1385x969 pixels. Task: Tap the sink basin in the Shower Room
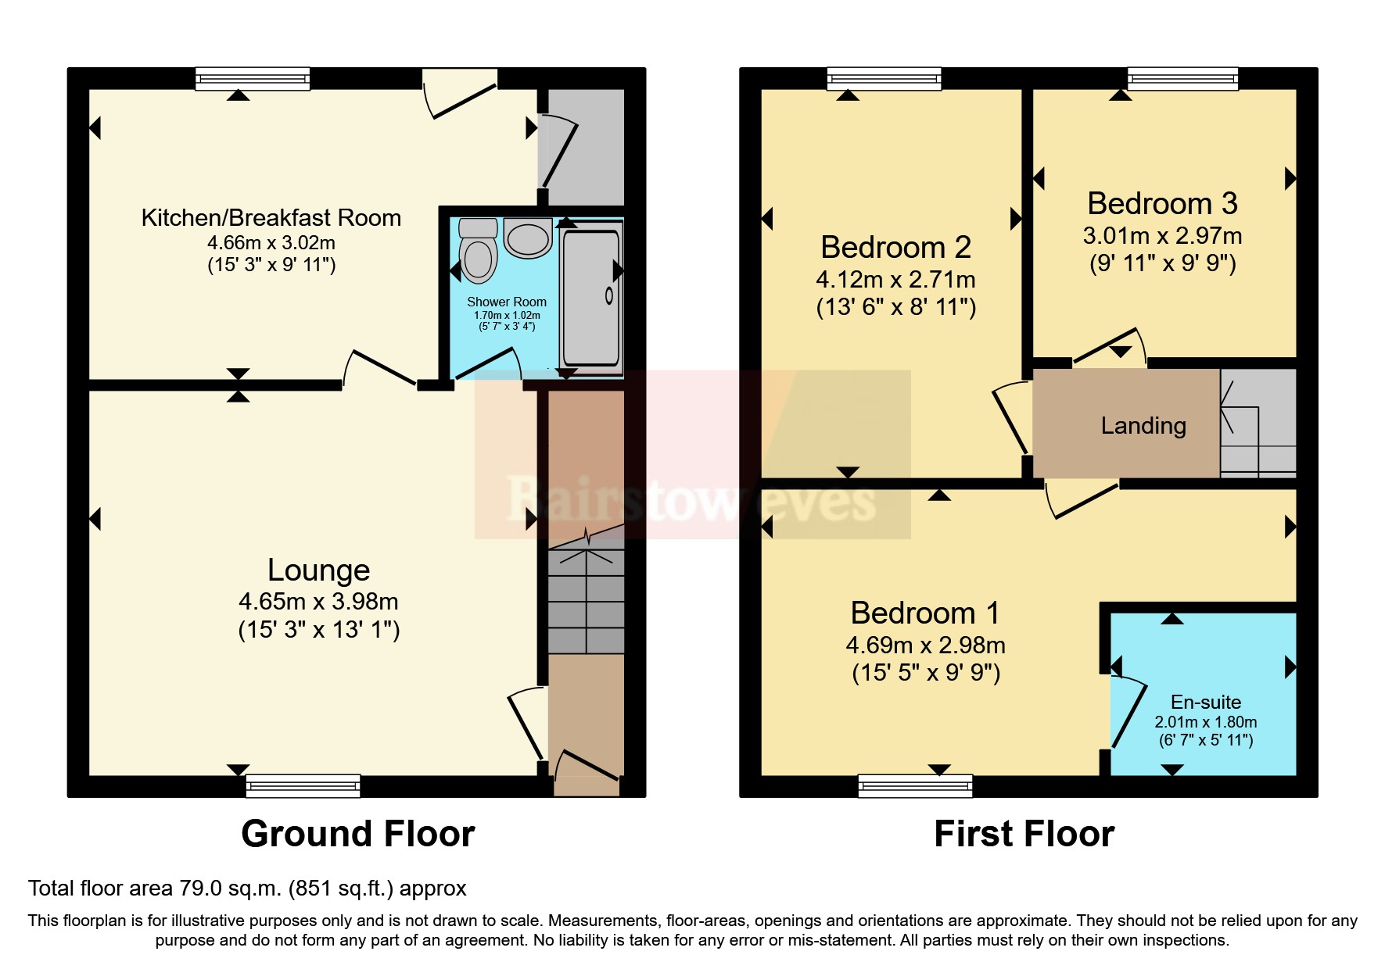pyautogui.click(x=529, y=238)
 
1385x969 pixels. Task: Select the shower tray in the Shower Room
pyautogui.click(x=591, y=297)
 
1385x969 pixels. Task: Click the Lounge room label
pyautogui.click(x=318, y=570)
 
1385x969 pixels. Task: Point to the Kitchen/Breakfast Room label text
pyautogui.click(x=271, y=218)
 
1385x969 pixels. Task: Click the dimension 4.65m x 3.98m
pyautogui.click(x=318, y=602)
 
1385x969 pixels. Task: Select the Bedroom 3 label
pyautogui.click(x=1162, y=204)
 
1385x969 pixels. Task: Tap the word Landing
pyautogui.click(x=1143, y=426)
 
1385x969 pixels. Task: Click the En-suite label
pyautogui.click(x=1205, y=702)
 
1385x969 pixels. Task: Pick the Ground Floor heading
pyautogui.click(x=357, y=834)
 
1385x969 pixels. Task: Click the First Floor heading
pyautogui.click(x=1024, y=834)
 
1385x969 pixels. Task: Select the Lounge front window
pyautogui.click(x=303, y=785)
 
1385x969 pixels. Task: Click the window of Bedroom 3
pyautogui.click(x=1182, y=78)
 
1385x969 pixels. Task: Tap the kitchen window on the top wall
pyautogui.click(x=253, y=78)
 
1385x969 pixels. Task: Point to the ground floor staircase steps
pyautogui.click(x=586, y=602)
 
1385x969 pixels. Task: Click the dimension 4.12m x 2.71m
pyautogui.click(x=895, y=280)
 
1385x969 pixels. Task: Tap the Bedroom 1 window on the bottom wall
pyautogui.click(x=915, y=785)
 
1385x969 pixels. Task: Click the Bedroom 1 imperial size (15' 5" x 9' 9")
pyautogui.click(x=926, y=673)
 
